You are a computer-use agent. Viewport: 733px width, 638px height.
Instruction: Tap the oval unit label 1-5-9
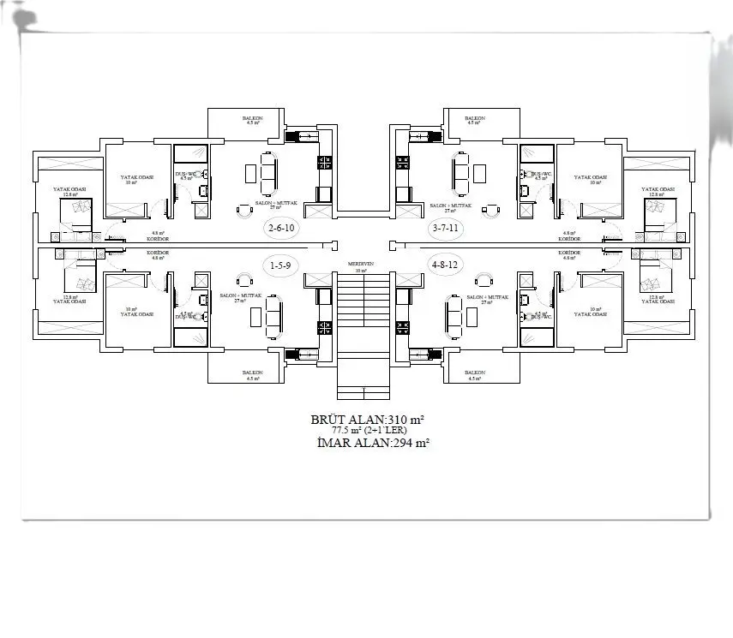[x=280, y=265]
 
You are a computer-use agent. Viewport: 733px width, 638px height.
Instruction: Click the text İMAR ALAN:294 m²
[x=368, y=443]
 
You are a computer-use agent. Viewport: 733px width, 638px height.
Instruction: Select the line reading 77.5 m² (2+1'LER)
[x=368, y=431]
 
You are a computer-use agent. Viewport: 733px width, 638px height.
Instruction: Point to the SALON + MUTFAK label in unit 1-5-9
[x=239, y=296]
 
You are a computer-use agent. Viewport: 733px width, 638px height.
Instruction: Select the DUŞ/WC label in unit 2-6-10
[x=184, y=176]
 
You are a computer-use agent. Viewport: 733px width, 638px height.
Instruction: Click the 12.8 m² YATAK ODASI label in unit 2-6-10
[x=67, y=191]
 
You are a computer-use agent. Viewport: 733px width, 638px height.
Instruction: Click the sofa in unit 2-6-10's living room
[x=268, y=172]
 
